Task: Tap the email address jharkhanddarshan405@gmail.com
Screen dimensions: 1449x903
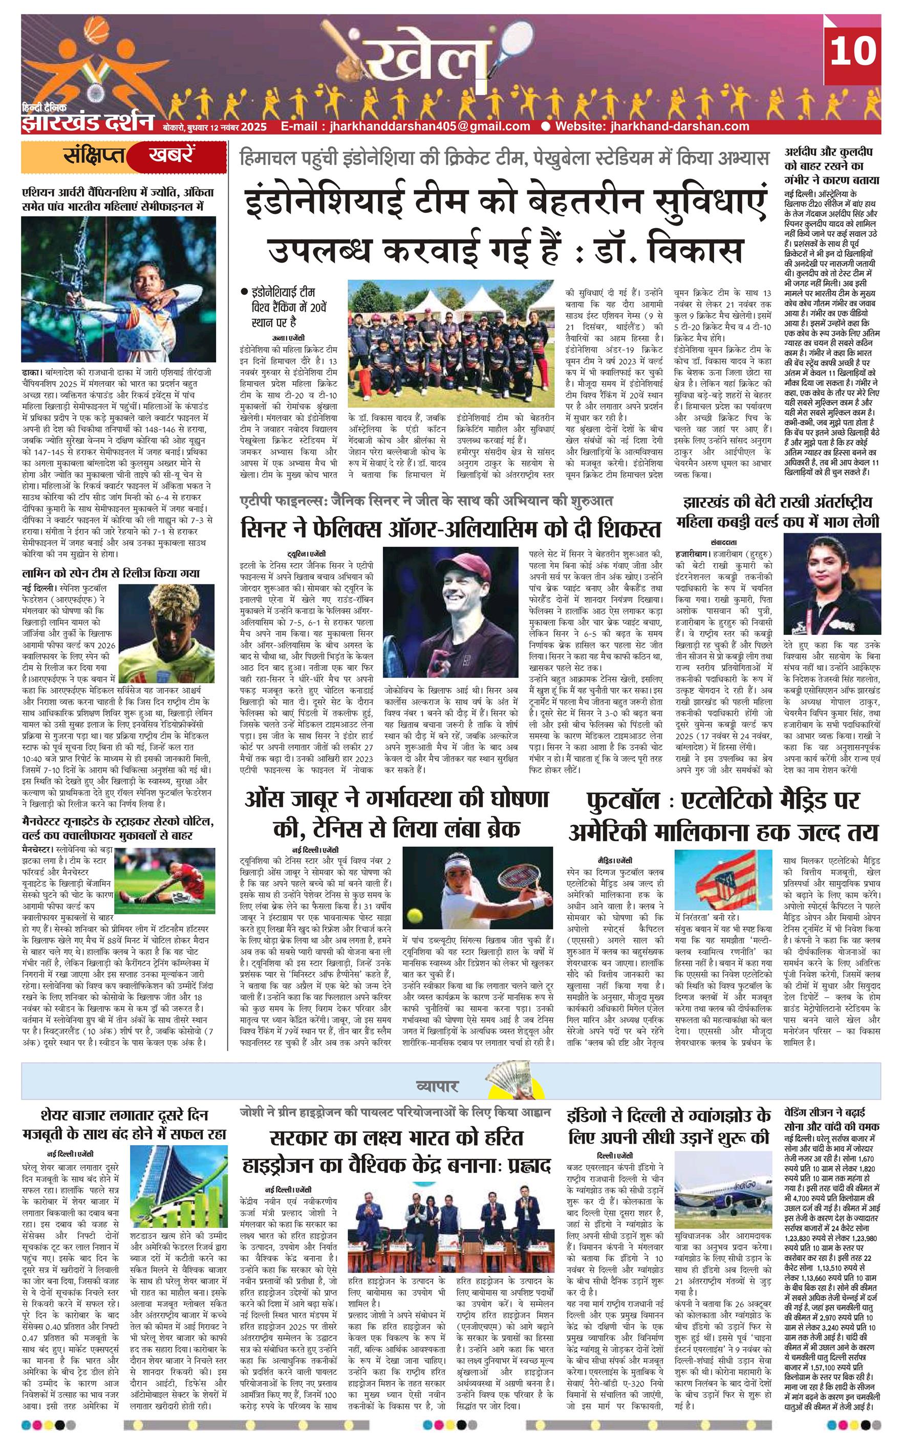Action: [405, 126]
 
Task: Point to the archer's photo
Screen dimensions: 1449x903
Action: [119, 291]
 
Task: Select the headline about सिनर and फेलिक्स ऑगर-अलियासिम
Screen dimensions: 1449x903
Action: [451, 528]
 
